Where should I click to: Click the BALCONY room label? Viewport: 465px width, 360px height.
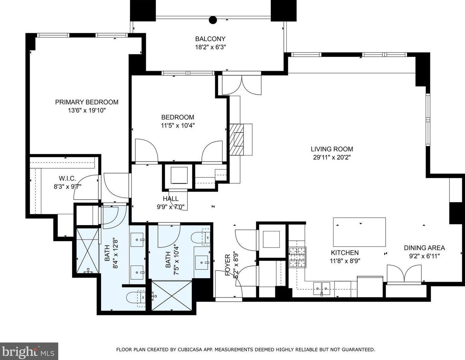coord(210,39)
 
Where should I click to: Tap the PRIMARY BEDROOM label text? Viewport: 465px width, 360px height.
coord(87,102)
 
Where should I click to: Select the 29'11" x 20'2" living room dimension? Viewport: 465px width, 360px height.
coord(332,157)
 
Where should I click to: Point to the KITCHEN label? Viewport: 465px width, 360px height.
coord(345,253)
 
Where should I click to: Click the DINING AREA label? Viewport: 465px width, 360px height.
coord(424,248)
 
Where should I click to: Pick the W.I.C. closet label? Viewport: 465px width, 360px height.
coord(67,178)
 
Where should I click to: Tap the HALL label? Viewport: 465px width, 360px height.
coord(171,199)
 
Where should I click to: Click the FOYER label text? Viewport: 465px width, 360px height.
coord(228,265)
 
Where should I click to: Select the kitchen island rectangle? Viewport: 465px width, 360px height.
coord(359,232)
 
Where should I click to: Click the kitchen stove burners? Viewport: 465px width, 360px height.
coord(297,257)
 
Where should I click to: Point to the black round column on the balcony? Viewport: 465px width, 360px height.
coord(213,20)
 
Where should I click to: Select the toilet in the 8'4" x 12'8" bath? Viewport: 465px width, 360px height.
coord(135,297)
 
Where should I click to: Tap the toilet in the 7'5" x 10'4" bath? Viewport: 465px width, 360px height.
coord(200,237)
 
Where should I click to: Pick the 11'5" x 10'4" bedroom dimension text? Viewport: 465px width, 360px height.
coord(178,126)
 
